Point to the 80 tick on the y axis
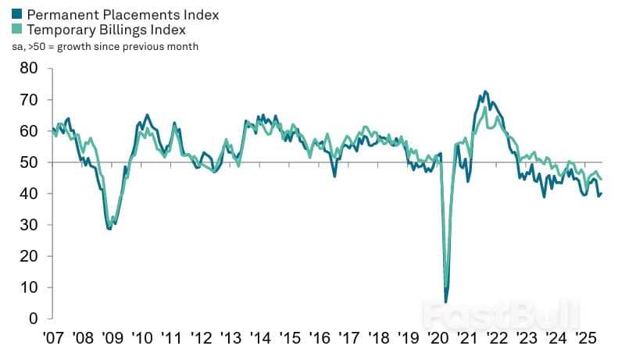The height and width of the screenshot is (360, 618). point(29,68)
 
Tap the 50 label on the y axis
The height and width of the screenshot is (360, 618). point(29,162)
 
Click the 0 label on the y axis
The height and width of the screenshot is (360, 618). point(34,319)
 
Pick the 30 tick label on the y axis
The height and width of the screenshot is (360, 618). point(29,225)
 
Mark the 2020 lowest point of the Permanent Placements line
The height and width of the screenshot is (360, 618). point(446,301)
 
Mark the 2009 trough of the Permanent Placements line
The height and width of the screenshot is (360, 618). point(110,229)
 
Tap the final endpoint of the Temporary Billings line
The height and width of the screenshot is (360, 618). point(601,180)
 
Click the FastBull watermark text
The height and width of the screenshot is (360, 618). point(500,314)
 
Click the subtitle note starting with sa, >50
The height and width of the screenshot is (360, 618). point(105,47)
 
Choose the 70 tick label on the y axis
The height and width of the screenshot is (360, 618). point(29,100)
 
